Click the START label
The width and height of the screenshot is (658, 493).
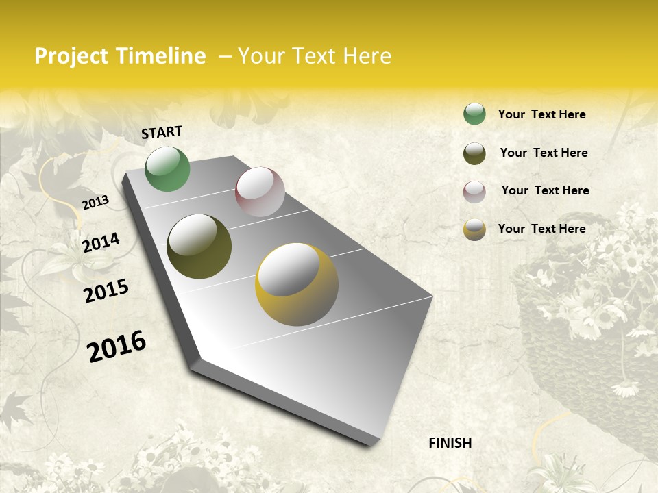point(162,132)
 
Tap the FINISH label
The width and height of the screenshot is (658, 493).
point(450,443)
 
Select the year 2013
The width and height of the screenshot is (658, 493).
point(95,203)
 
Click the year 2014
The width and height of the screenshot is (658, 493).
point(101,243)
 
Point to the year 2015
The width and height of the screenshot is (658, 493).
point(106,291)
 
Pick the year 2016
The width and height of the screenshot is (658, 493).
point(117,346)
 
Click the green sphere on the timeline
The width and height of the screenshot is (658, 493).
point(167,169)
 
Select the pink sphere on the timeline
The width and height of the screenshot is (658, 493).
point(260,192)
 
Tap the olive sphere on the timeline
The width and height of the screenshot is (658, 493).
point(199,246)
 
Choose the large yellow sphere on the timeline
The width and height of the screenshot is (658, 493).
point(296,284)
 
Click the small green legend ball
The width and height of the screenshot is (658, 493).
point(474,114)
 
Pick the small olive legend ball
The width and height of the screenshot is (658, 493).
point(474,153)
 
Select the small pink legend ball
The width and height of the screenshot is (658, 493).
point(474,192)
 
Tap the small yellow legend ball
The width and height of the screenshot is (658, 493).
point(474,229)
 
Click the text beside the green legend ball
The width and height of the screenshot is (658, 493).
point(541,114)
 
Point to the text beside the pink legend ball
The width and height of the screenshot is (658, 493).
point(545,190)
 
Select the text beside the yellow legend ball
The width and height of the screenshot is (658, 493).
point(541,229)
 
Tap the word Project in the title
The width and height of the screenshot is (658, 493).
point(71,56)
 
